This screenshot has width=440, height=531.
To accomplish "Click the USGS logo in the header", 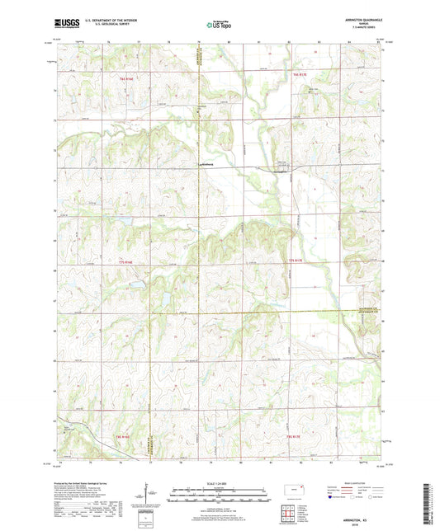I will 64,24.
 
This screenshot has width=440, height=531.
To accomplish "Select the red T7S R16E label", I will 124,262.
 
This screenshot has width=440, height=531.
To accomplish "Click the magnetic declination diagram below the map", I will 149,499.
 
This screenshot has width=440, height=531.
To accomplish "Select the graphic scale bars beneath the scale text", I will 220,495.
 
